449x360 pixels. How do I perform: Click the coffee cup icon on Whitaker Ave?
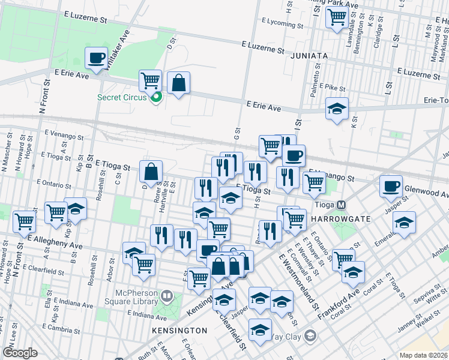96,58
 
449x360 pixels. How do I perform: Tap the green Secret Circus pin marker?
156,98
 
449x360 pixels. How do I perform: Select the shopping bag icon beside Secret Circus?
179,83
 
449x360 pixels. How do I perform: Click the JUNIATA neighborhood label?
308,56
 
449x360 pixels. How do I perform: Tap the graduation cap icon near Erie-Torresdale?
337,109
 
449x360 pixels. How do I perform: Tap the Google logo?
20,352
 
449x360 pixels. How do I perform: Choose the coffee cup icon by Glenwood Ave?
391,185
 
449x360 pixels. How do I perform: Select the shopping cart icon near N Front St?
25,220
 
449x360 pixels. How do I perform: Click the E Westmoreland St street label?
298,281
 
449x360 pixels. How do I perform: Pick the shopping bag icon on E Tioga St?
151,172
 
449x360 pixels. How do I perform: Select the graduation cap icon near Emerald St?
405,223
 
